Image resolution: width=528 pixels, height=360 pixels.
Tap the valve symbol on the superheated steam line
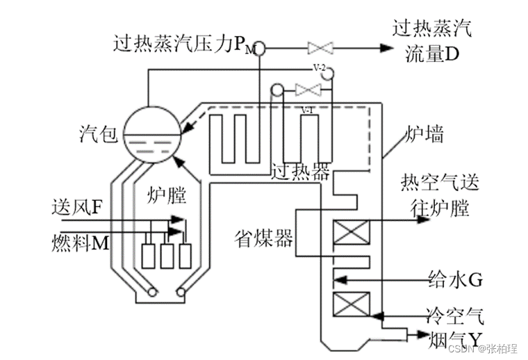coord(320,48)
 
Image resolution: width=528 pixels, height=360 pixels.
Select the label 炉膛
coord(167,195)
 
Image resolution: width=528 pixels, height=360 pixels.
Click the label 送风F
coord(77,207)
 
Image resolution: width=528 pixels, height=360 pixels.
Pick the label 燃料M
coord(78,244)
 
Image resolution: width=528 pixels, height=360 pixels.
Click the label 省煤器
coord(263,236)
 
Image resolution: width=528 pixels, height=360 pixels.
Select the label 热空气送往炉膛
coord(440,195)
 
